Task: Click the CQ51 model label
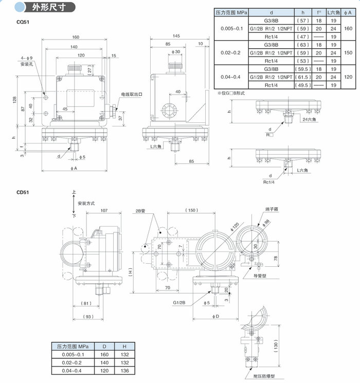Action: coord(22,23)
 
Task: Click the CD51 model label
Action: coord(22,193)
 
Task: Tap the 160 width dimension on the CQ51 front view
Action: coord(76,38)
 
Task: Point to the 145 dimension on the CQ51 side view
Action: coord(176,36)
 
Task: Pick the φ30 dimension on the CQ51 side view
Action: coord(176,52)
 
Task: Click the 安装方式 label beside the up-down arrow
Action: coord(86,204)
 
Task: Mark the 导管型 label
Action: coord(265,276)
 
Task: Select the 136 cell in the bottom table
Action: coord(123,370)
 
